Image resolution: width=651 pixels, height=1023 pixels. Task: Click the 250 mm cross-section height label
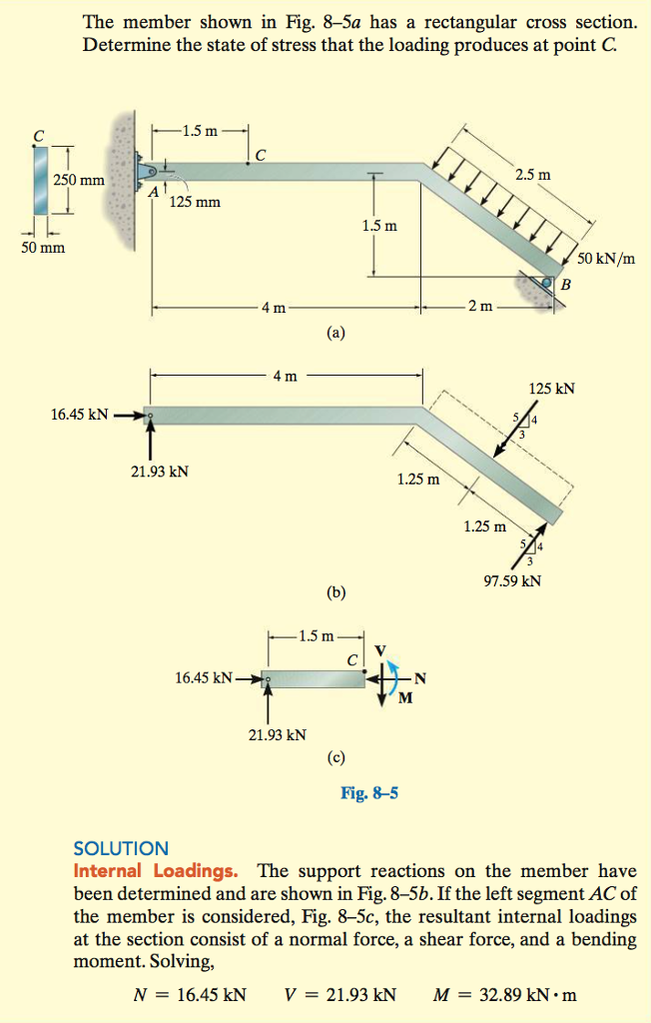78,180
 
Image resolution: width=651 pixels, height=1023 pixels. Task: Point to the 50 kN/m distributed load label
611,259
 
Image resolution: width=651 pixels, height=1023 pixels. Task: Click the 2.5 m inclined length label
532,175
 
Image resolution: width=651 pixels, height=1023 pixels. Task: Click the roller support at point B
548,285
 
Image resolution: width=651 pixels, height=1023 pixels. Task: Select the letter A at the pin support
155,193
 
